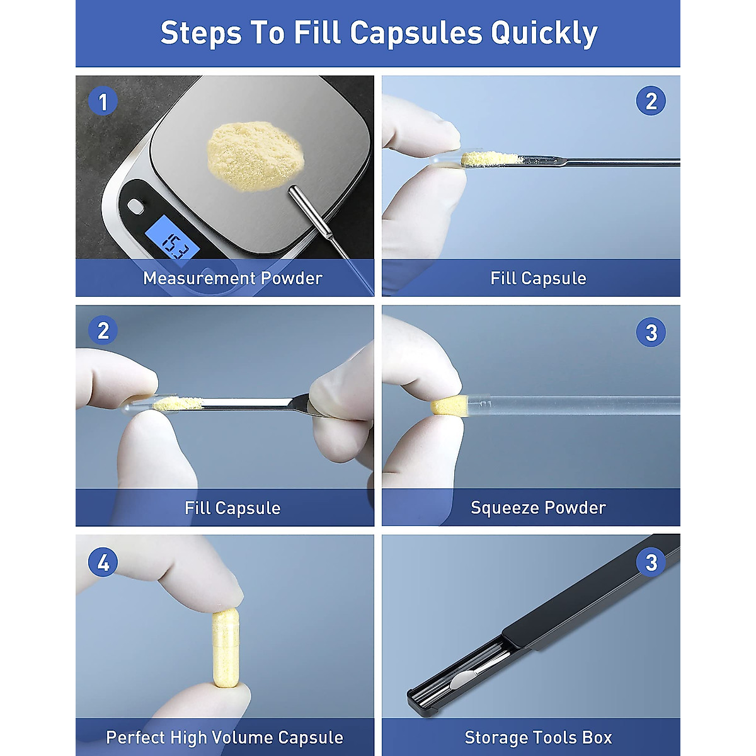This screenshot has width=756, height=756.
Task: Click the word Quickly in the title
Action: coord(544,33)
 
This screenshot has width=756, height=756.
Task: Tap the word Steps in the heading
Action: coord(201,33)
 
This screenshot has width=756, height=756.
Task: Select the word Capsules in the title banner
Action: coord(416,33)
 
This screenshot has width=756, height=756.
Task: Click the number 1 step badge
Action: coord(103,101)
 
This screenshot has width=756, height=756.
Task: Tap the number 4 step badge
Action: coord(103,563)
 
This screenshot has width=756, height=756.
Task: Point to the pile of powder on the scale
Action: coord(255,156)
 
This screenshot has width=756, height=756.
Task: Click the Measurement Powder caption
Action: coord(232,278)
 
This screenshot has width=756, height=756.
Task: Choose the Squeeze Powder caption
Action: coord(538,508)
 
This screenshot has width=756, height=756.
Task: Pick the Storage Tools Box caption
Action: coord(538,738)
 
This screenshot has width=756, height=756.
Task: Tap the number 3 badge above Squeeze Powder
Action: coord(651,333)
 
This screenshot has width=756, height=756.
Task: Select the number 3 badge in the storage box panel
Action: coord(651,563)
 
